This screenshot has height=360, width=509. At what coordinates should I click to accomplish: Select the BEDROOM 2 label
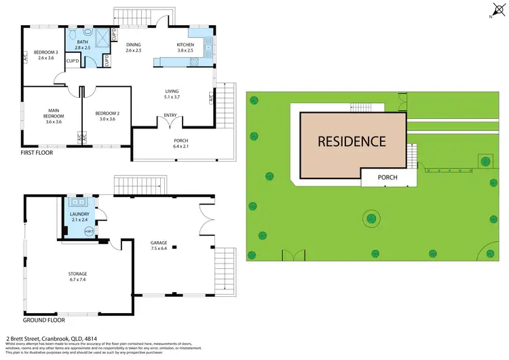[x=107, y=115]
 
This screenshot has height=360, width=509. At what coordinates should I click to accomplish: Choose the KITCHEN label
[x=186, y=47]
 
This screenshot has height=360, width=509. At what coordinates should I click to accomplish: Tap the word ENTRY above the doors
[x=170, y=115]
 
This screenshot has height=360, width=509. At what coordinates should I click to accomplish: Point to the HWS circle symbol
[x=88, y=232]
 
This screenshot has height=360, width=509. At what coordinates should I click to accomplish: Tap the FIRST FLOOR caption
[x=38, y=153]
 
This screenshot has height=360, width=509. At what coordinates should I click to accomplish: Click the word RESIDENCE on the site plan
[x=352, y=141]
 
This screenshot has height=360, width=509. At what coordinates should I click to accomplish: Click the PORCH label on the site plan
[x=388, y=178]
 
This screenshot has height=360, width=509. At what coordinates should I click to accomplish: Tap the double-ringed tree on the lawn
[x=371, y=219]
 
